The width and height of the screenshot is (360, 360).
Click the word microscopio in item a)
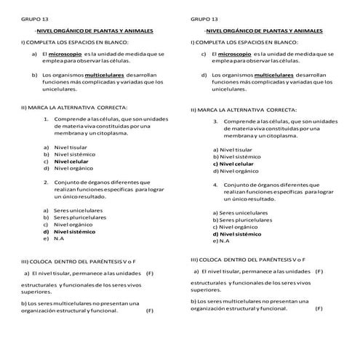coord(66,55)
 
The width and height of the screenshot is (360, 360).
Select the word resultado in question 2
coord(93,198)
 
